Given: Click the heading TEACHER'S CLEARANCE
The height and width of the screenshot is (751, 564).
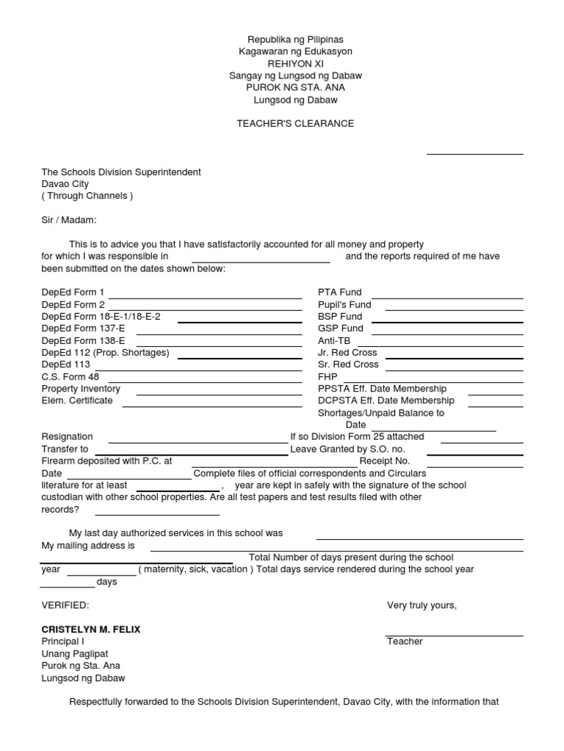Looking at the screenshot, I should [295, 123].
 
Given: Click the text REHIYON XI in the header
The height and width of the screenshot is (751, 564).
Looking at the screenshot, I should [295, 64].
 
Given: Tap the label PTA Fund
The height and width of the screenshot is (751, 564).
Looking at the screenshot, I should [339, 292].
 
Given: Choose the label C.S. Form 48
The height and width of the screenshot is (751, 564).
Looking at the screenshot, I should [70, 376].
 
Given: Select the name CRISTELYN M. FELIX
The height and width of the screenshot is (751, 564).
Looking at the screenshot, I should [91, 629].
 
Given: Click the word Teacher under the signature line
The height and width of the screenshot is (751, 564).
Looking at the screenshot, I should [405, 641].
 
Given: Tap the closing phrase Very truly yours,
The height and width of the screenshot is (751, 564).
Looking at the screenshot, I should [422, 605].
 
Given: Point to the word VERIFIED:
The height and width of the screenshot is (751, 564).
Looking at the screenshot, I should [65, 605].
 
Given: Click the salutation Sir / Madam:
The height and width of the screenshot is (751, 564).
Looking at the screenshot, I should [69, 220].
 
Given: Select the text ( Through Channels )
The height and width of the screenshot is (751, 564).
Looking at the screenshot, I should [87, 196].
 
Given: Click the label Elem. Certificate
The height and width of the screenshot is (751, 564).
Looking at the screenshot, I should [77, 400].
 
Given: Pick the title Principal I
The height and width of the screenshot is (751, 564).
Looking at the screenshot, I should [62, 641].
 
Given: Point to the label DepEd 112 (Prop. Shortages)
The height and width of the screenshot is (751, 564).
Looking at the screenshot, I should [105, 352].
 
